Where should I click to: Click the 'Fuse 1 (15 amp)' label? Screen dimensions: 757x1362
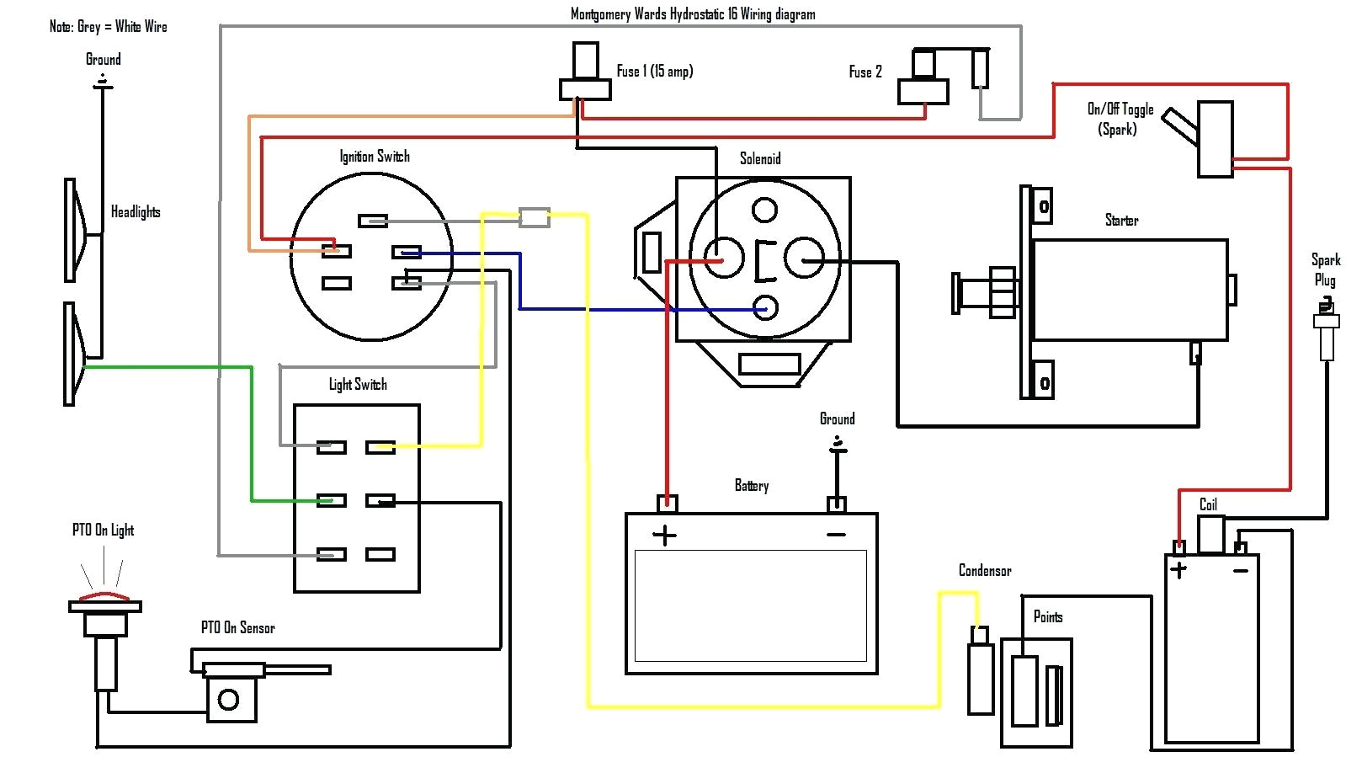click(x=654, y=72)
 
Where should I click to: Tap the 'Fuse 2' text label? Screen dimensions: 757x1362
click(x=865, y=72)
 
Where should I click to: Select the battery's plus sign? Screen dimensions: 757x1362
click(x=664, y=536)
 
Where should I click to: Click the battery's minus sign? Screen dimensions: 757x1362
click(x=836, y=535)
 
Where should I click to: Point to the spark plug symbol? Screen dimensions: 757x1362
click(x=1327, y=333)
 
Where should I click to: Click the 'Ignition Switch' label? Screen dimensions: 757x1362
click(x=375, y=157)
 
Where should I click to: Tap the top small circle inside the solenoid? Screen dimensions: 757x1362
click(x=764, y=209)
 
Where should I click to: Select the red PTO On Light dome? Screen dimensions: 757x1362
click(x=104, y=597)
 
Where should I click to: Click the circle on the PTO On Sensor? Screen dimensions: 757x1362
click(x=228, y=699)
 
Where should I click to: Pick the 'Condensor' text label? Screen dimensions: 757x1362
click(x=984, y=571)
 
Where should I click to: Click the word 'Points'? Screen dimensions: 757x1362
click(x=1047, y=617)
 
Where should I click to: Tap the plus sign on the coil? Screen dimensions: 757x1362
click(x=1178, y=570)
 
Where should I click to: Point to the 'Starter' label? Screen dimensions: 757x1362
click(x=1121, y=221)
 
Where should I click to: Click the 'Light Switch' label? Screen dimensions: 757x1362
click(x=358, y=385)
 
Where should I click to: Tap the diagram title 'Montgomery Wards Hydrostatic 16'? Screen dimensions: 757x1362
click(x=692, y=14)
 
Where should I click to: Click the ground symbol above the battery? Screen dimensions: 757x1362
click(x=837, y=445)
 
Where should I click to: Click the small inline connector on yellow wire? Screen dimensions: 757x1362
click(x=534, y=217)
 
